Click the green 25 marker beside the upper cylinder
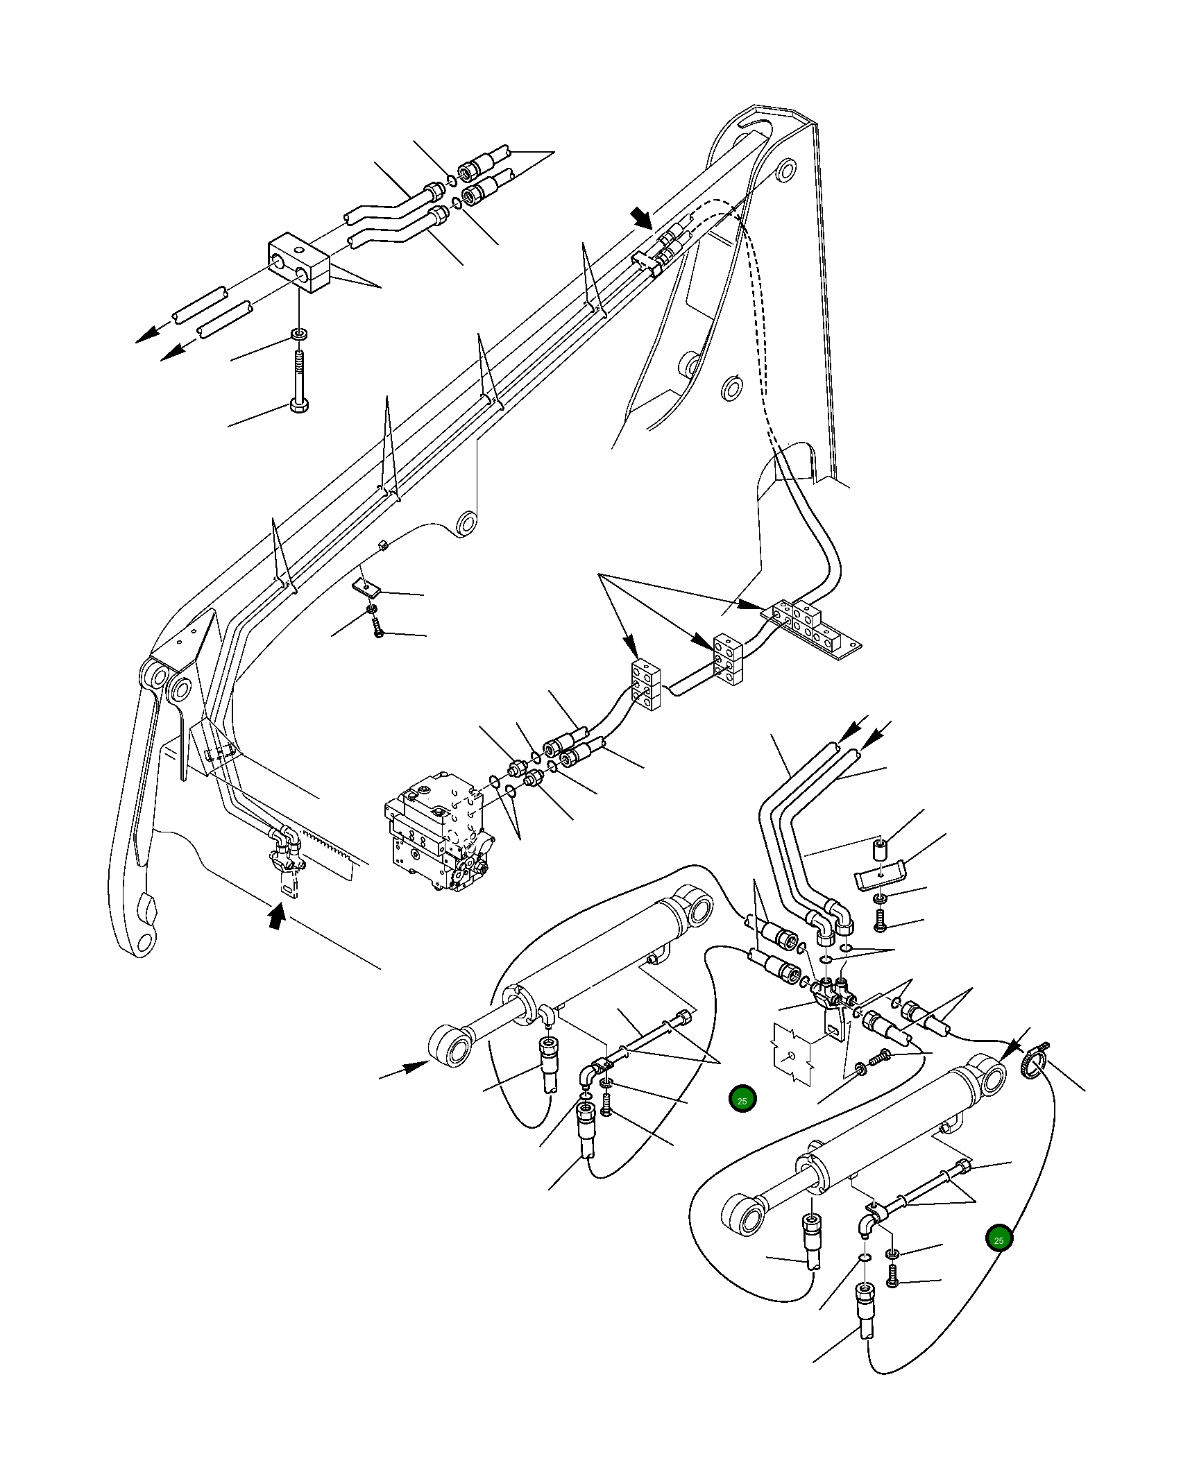[x=742, y=1100]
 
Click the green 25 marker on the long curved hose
[x=998, y=1240]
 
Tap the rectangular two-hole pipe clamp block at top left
[x=298, y=263]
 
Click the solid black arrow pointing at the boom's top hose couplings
[x=640, y=218]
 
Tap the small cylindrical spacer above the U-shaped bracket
[x=880, y=848]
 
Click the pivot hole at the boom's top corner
[x=786, y=170]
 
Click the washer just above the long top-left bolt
[x=300, y=335]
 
